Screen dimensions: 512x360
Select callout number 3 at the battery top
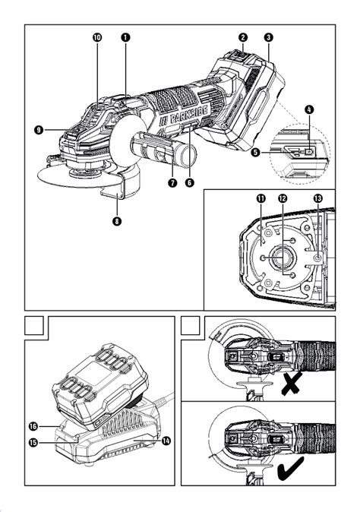269,36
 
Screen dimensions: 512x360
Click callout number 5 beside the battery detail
256,152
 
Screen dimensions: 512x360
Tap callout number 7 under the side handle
172,182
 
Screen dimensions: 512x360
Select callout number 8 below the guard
116,222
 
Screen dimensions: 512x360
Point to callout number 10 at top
97,36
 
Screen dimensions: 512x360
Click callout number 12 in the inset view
283,198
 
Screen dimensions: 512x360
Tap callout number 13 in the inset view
317,198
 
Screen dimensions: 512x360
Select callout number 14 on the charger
165,440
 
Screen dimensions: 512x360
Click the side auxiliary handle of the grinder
166,152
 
